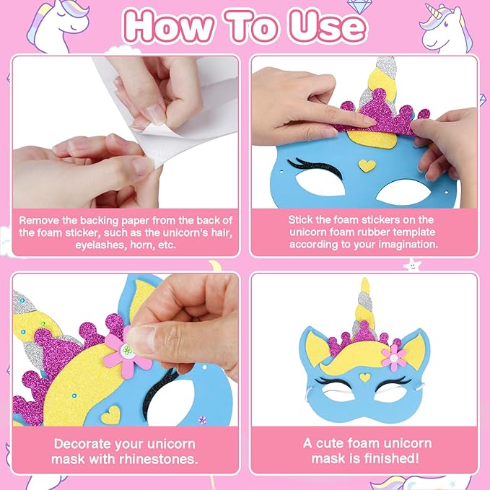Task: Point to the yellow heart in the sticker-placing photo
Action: [367, 165]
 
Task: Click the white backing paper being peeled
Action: [173, 123]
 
